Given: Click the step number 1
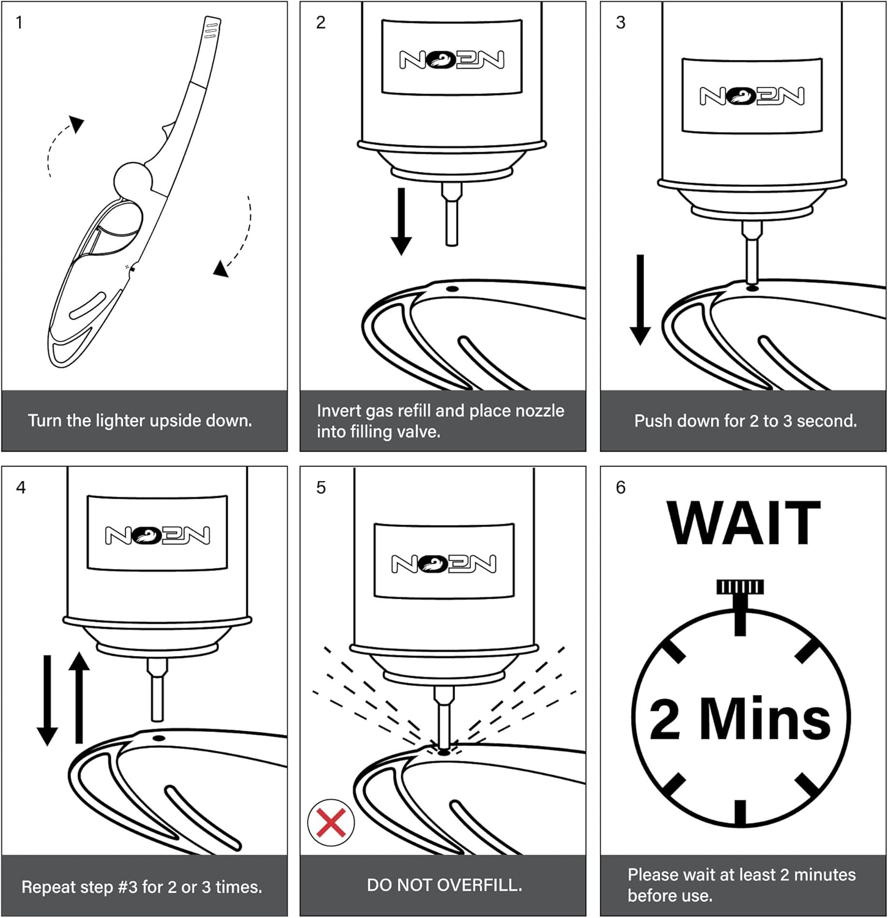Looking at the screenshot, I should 19,23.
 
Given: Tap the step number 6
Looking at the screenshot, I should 620,488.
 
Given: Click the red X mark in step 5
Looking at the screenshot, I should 331,822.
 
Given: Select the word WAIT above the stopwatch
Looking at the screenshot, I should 743,523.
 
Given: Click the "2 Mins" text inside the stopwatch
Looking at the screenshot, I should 740,718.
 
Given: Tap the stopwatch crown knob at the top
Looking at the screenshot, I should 740,588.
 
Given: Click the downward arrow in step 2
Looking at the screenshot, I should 401,220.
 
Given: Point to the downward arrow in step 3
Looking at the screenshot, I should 640,300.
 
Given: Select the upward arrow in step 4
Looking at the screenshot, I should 79,698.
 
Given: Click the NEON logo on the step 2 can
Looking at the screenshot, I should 452,59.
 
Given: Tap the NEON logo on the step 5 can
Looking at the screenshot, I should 444,564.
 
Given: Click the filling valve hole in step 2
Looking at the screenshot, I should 453,288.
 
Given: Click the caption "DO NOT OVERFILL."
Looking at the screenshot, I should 444,885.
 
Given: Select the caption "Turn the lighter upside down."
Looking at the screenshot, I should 140,420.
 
